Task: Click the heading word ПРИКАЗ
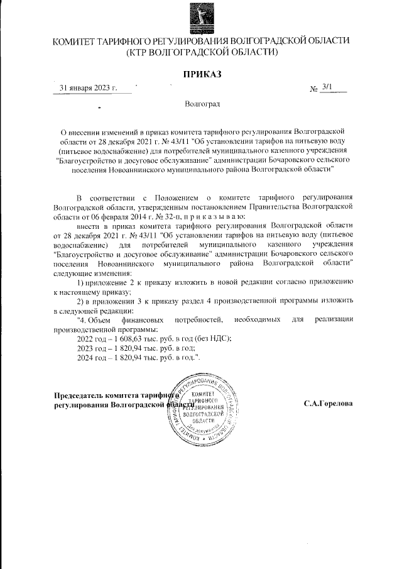coord(202,75)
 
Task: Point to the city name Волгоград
coord(202,104)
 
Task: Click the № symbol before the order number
coord(314,89)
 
